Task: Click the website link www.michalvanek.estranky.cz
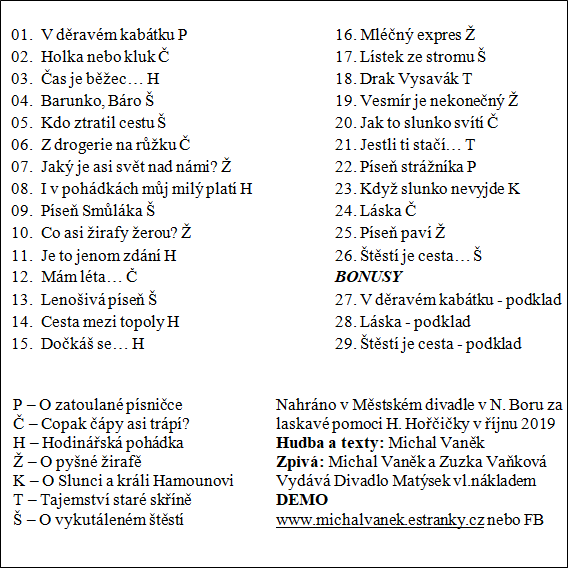pyautogui.click(x=380, y=520)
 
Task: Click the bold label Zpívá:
pyautogui.click(x=299, y=461)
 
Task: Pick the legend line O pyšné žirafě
pyautogui.click(x=98, y=461)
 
